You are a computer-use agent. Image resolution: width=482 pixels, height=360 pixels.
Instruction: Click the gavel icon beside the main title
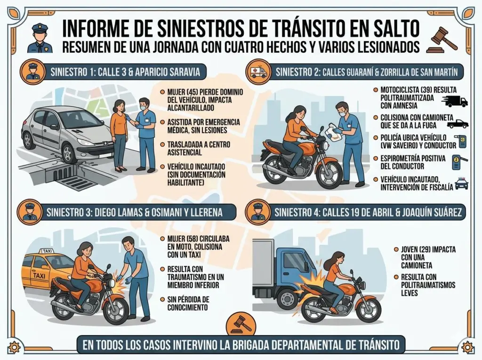(442, 40)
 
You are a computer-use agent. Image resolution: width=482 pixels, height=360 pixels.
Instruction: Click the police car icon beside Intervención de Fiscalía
(461, 184)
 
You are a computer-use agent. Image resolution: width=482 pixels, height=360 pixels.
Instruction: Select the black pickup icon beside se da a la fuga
(457, 124)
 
